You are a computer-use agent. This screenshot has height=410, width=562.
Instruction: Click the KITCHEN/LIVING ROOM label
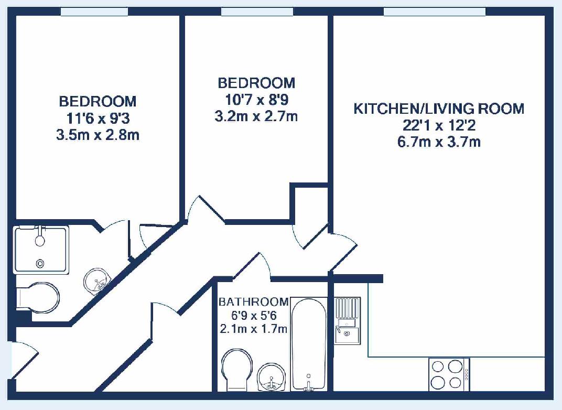pyautogui.click(x=439, y=109)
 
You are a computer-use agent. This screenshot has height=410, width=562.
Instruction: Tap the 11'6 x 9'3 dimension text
pyautogui.click(x=98, y=118)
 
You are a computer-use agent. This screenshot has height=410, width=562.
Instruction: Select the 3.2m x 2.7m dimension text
pyautogui.click(x=256, y=116)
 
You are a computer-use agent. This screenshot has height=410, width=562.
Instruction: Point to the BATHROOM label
pyautogui.click(x=253, y=302)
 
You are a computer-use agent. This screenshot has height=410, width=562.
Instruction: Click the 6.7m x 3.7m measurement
pyautogui.click(x=439, y=142)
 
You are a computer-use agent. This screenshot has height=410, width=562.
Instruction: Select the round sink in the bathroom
pyautogui.click(x=272, y=377)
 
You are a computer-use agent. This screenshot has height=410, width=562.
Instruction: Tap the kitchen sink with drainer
pyautogui.click(x=347, y=321)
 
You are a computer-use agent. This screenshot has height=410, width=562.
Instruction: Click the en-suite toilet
pyautogui.click(x=38, y=298)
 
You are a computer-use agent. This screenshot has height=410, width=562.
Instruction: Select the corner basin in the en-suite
pyautogui.click(x=97, y=282)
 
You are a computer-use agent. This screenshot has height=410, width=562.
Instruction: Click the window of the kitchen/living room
pyautogui.click(x=435, y=12)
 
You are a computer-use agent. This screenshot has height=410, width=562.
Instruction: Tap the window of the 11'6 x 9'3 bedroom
pyautogui.click(x=94, y=12)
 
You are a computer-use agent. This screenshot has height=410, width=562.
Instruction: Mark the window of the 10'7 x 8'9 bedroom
pyautogui.click(x=257, y=12)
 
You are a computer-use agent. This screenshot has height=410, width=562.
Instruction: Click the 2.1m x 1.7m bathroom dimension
pyautogui.click(x=253, y=328)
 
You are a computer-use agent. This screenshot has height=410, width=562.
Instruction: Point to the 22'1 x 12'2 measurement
pyautogui.click(x=439, y=125)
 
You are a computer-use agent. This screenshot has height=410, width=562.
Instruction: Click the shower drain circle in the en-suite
pyautogui.click(x=40, y=263)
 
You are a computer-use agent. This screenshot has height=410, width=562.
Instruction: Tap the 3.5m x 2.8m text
pyautogui.click(x=98, y=135)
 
